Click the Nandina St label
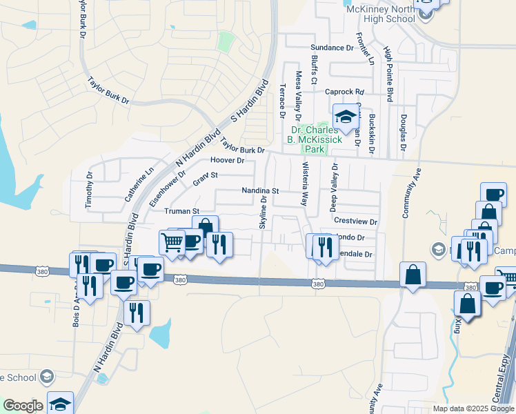(259, 190)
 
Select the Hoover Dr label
(228, 160)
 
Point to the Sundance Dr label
(331, 48)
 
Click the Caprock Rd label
(344, 92)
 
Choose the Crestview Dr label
(355, 221)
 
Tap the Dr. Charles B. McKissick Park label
(315, 139)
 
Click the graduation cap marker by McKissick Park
(346, 117)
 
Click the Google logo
(22, 406)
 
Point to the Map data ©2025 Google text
(473, 408)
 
